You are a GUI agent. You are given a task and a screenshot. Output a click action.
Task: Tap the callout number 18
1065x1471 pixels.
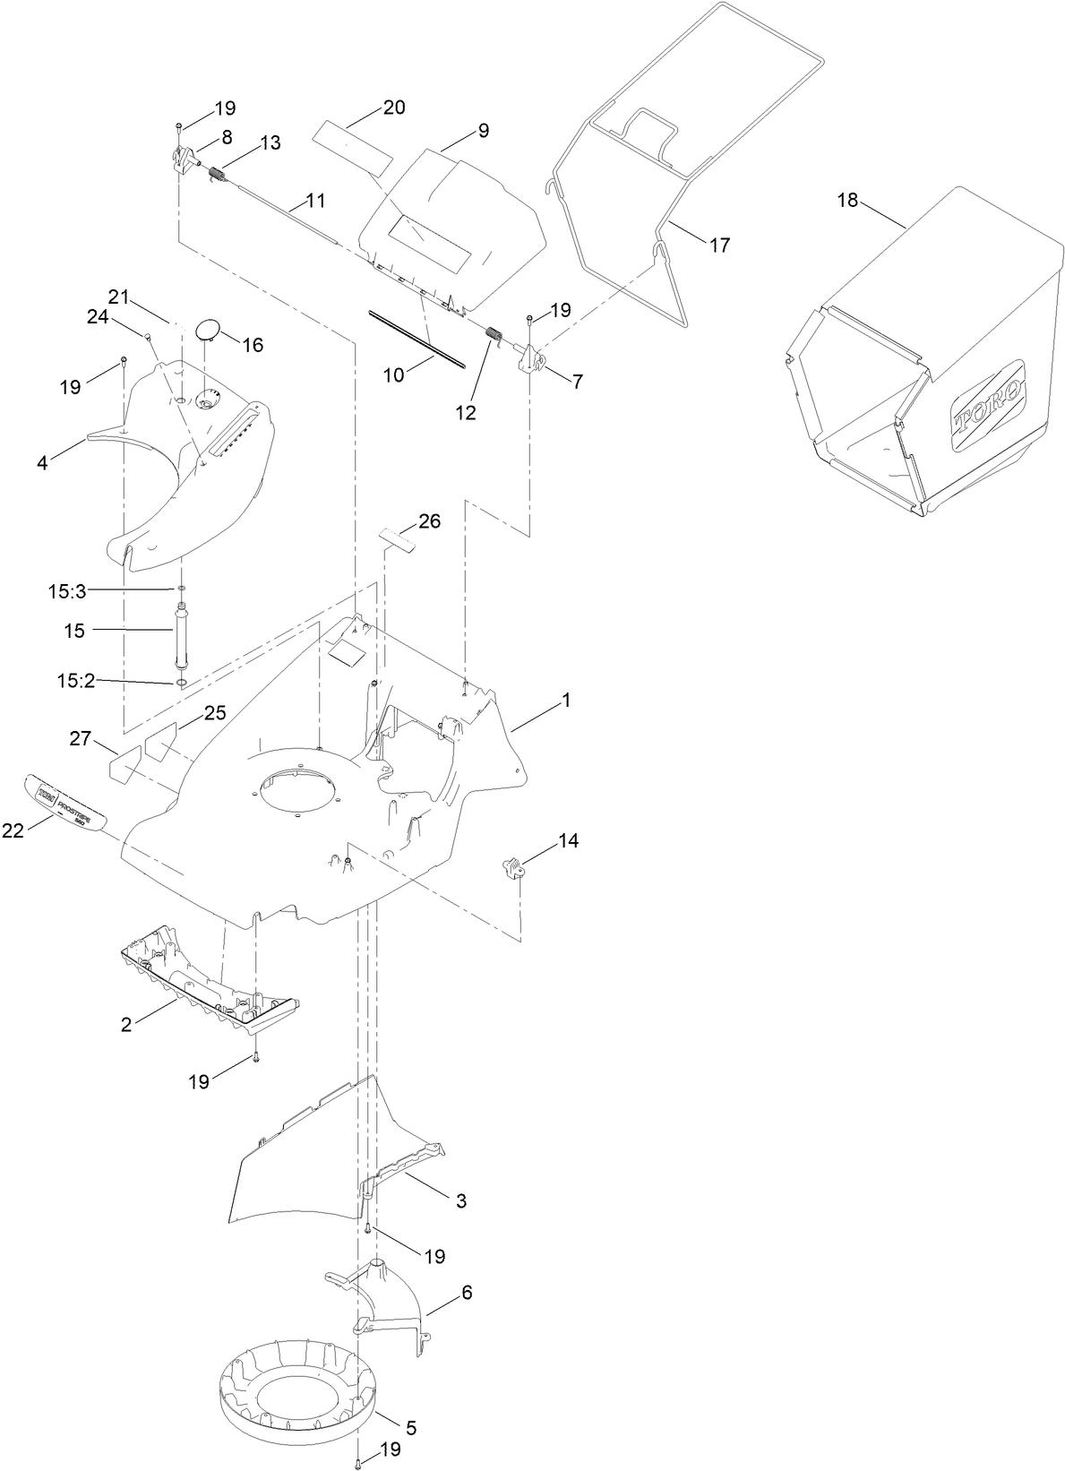pos(847,200)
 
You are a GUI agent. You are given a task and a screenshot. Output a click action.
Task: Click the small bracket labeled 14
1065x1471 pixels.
pos(511,867)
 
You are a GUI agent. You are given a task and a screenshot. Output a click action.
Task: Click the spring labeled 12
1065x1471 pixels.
pos(491,338)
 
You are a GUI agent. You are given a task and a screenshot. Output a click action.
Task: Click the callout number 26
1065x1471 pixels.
pos(430,521)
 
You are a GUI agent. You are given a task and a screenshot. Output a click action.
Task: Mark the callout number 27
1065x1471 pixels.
pos(81,738)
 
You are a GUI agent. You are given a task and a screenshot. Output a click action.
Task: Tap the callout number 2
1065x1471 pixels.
pos(126,1025)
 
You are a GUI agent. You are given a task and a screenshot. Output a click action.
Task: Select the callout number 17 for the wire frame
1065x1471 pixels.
pos(720,244)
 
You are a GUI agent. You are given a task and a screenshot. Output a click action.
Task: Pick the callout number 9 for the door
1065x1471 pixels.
pos(484,131)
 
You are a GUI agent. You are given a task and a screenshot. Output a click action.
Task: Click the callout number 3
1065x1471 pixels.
pos(461,1201)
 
